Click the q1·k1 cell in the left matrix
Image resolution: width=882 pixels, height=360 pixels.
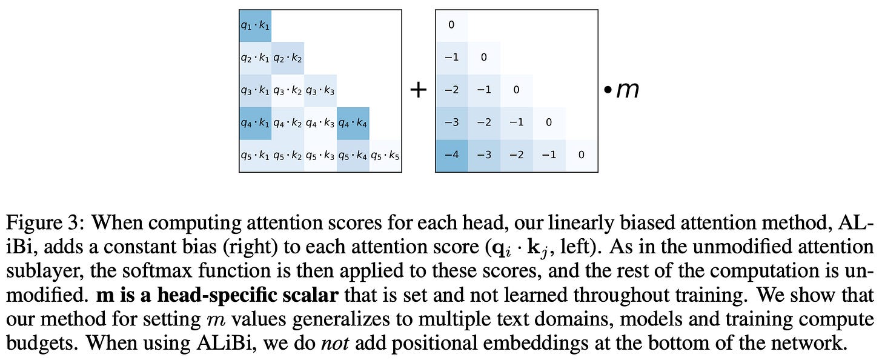coord(255,26)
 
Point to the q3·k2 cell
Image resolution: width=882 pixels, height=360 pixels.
coord(288,91)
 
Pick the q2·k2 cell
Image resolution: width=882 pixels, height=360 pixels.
coord(288,58)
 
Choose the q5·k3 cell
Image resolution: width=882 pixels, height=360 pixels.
coord(320,155)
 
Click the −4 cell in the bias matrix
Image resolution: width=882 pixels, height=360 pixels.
coord(451,155)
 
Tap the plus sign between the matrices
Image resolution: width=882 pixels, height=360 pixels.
coord(419,90)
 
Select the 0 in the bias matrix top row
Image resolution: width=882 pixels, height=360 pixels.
coord(451,25)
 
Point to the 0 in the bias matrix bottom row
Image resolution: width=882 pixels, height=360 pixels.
coord(581,155)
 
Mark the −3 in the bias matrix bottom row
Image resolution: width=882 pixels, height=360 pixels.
coord(484,155)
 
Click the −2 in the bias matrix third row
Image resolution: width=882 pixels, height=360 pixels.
coord(451,90)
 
